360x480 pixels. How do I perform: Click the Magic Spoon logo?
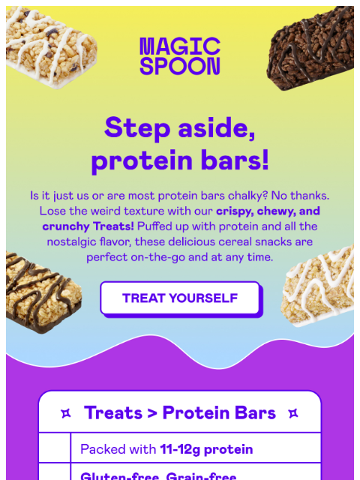click(x=180, y=56)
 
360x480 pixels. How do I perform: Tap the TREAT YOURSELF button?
click(x=180, y=298)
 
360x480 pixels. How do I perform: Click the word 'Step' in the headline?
click(x=136, y=127)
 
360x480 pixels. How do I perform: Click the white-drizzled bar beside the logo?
click(x=51, y=46)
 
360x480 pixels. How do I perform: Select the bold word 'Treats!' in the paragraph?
click(x=110, y=226)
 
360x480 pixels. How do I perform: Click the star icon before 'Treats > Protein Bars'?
click(x=66, y=413)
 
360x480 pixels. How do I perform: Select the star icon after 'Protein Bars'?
click(x=293, y=413)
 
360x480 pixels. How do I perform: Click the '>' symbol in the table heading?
click(x=152, y=413)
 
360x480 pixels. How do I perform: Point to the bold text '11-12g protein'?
click(x=206, y=450)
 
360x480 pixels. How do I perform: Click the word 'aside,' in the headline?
click(x=217, y=127)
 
